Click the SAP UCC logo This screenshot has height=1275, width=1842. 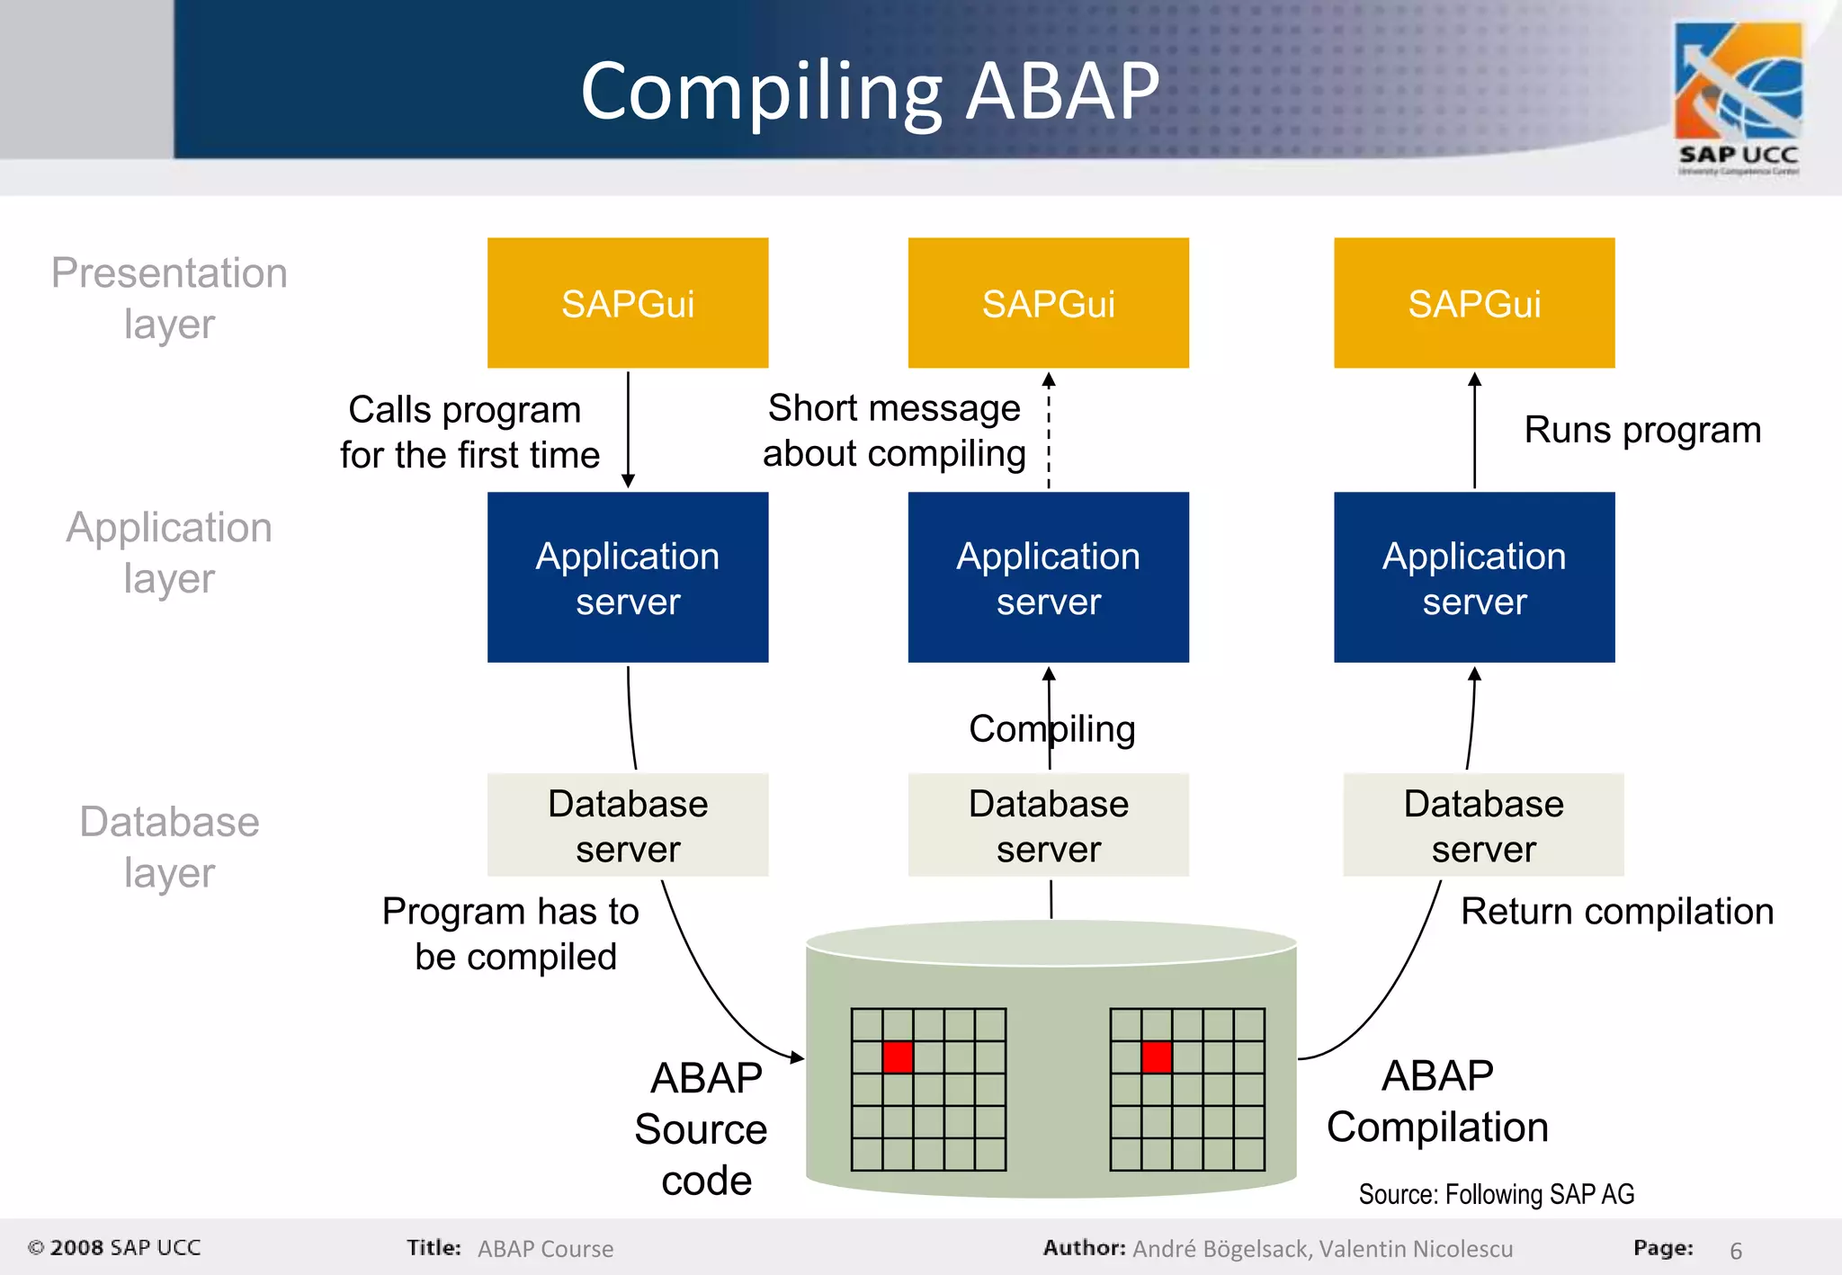pos(1738,97)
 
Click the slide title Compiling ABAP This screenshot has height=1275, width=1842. pos(870,92)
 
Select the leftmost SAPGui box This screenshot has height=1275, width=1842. pos(628,303)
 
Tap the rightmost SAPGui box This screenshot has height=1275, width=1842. pos(1474,303)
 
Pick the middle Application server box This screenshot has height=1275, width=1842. pos(1048,577)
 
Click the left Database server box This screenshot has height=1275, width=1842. pos(628,825)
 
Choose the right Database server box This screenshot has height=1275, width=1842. pos(1483,825)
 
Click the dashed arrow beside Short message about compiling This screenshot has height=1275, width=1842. pos(1049,432)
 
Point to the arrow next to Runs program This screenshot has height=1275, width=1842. pos(1474,432)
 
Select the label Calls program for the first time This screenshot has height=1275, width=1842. pos(469,432)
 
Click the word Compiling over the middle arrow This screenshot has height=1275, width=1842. pos(1051,728)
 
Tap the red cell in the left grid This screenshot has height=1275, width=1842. pos(898,1057)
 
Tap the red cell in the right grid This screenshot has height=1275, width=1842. pos(1156,1057)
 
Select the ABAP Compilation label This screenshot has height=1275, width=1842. pos(1437,1101)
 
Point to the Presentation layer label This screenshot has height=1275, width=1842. pos(169,298)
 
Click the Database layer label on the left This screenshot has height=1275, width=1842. pos(169,846)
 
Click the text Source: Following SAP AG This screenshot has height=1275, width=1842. pos(1496,1194)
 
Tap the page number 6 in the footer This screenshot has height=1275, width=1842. pos(1735,1251)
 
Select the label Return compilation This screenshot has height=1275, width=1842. pos(1616,912)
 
